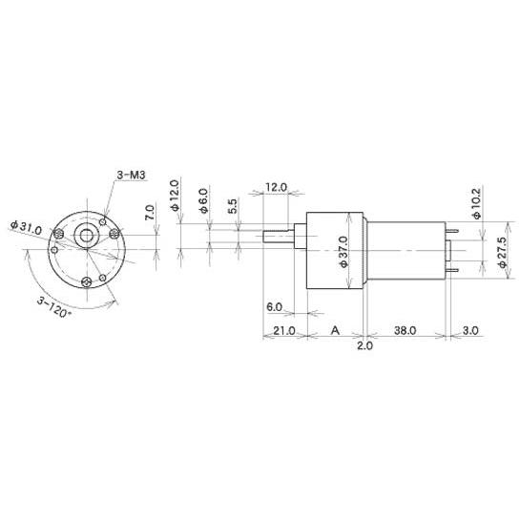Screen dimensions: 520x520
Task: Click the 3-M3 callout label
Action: (x=131, y=175)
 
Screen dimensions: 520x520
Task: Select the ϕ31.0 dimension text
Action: (x=27, y=227)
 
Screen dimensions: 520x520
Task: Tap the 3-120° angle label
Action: (x=54, y=307)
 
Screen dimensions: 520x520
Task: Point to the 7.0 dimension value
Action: (x=150, y=213)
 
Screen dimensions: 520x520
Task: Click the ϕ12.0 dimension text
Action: (x=175, y=196)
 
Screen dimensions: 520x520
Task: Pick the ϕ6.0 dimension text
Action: (x=203, y=200)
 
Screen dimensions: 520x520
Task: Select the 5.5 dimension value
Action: (x=233, y=206)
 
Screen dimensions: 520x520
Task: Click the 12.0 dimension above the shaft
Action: (x=276, y=187)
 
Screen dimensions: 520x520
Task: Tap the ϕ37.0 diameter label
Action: (x=343, y=252)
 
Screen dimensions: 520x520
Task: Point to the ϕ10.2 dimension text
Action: (x=476, y=203)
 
